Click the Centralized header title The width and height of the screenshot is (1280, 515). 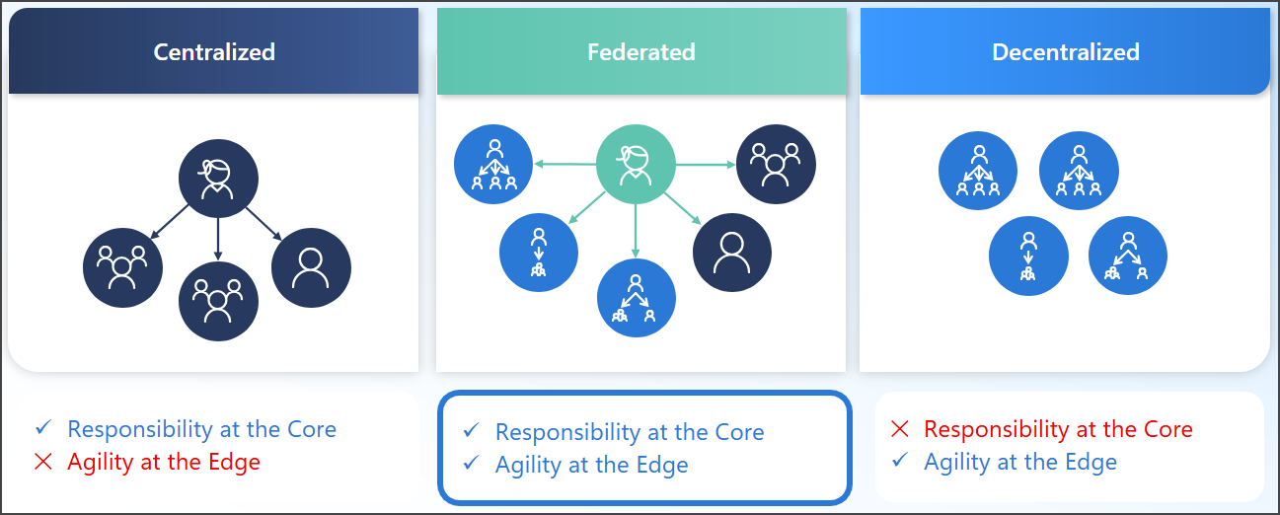pos(214,52)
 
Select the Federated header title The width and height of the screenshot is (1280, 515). pos(641,52)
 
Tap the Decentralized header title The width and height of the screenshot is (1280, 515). pos(1066,52)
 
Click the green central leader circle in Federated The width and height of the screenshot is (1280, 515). pos(636,164)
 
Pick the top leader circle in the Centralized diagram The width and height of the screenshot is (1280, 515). pos(218,179)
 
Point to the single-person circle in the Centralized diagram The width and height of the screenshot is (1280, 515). pos(311,267)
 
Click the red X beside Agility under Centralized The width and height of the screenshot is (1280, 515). pos(42,462)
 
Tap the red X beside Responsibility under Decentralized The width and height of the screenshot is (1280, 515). pos(899,429)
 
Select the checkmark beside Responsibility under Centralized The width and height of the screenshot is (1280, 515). pos(42,428)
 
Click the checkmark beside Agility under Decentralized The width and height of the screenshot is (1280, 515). pos(899,461)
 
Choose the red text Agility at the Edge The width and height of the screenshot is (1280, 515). pos(164,462)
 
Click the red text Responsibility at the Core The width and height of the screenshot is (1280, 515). pos(1058,429)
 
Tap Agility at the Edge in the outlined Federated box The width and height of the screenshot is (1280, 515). pos(592,465)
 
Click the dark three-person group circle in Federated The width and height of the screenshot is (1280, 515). pos(776,164)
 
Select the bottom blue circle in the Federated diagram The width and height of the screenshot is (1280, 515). pos(637,298)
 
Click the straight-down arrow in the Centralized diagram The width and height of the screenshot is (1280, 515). pos(218,240)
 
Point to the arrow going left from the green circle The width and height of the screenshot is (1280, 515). pos(565,164)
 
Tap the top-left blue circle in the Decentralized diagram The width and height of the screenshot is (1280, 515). pos(977,170)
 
